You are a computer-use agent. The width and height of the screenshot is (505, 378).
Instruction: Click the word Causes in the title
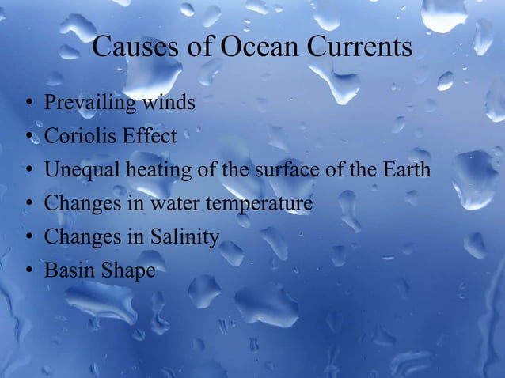[x=136, y=47]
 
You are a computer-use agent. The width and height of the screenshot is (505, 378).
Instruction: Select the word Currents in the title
[x=360, y=47]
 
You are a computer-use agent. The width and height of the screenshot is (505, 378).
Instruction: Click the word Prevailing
[x=89, y=103]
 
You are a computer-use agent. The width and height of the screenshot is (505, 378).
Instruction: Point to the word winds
[x=169, y=102]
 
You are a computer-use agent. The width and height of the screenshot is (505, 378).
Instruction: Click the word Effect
[x=149, y=136]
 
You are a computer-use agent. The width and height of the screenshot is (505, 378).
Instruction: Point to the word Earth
[x=406, y=169]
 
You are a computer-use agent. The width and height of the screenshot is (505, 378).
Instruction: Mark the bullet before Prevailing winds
[x=28, y=104]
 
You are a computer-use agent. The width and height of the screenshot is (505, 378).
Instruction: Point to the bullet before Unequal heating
[x=28, y=171]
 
